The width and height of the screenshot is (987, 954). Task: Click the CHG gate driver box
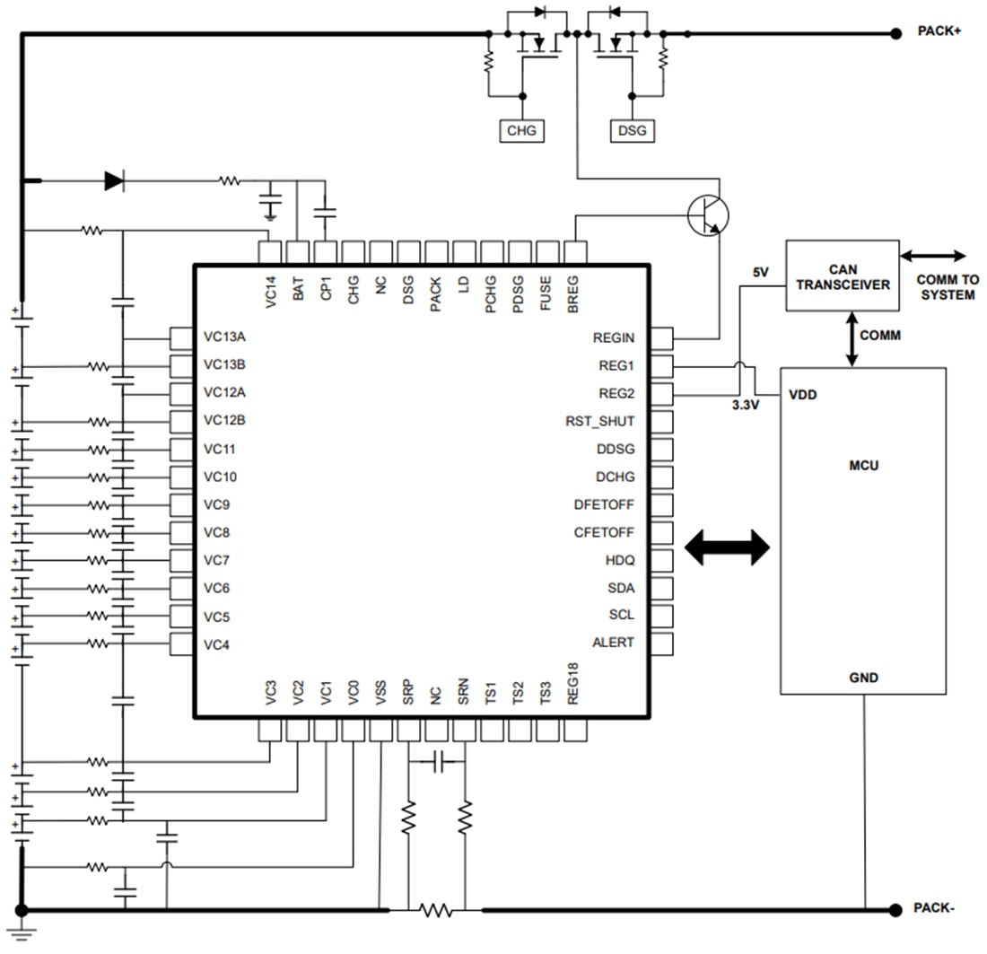(521, 131)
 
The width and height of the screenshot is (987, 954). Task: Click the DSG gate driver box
(632, 131)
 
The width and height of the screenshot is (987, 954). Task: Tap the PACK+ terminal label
(939, 31)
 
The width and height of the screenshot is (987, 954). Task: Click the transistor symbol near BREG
(707, 215)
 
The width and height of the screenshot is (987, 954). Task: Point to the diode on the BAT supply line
(114, 181)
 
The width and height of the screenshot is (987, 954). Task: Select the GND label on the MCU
(863, 678)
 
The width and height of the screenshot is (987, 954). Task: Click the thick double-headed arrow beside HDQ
(727, 547)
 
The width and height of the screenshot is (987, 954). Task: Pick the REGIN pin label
(613, 338)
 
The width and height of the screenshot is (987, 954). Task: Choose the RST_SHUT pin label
(599, 421)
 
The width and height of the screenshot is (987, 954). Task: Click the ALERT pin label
(613, 643)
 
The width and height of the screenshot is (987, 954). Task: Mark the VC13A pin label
(225, 337)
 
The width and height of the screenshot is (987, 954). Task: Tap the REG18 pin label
(575, 695)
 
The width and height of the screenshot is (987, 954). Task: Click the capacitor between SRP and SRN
(437, 763)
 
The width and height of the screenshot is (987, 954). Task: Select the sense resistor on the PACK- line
(436, 910)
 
